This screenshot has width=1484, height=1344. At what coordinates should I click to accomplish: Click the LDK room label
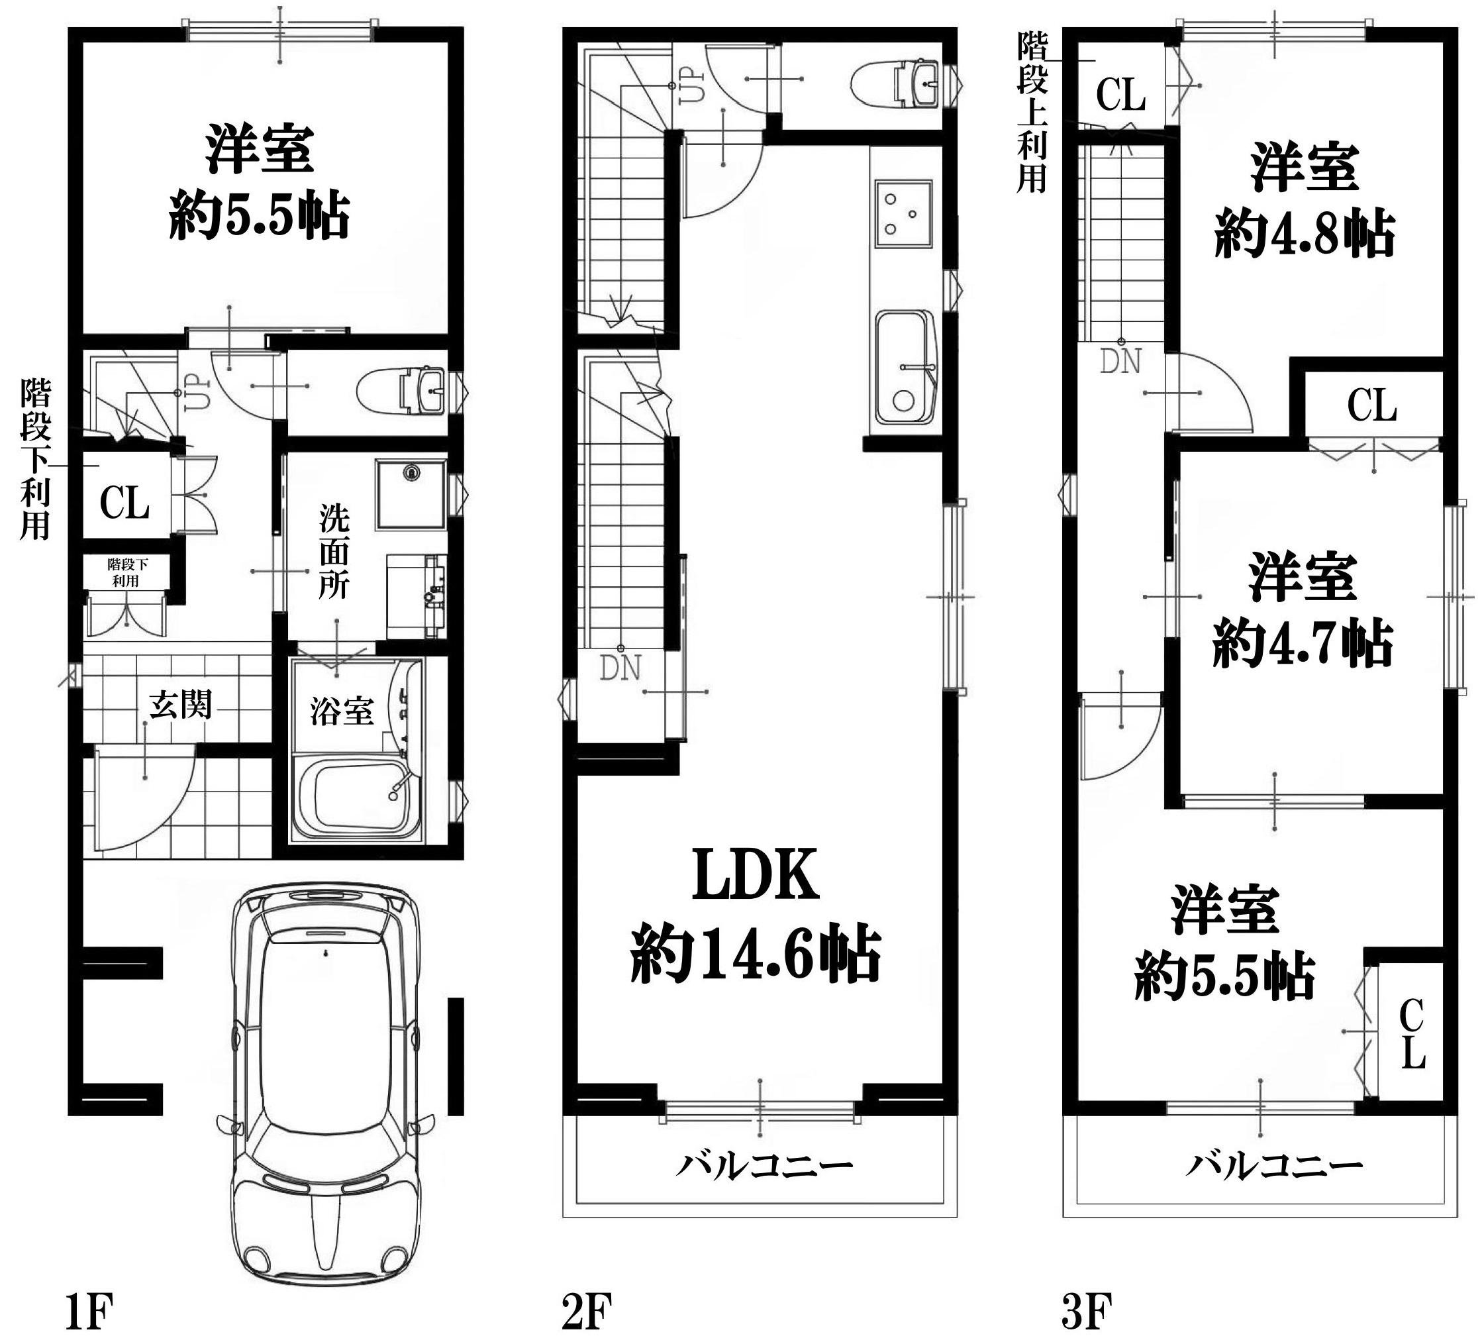(x=756, y=874)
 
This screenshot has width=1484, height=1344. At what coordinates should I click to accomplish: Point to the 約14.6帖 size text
(x=756, y=955)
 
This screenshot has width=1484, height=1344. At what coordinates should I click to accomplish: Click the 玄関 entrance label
(x=180, y=705)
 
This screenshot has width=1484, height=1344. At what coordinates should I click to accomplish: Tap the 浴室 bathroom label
(x=342, y=711)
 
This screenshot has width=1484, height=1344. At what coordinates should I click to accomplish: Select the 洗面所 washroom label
(x=334, y=552)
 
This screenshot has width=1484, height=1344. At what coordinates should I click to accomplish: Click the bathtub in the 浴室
(x=358, y=798)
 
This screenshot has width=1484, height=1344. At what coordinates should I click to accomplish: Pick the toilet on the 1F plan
(x=401, y=390)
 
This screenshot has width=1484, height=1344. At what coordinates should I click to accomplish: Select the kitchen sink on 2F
(x=905, y=372)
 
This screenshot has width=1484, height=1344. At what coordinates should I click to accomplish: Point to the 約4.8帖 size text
(x=1305, y=233)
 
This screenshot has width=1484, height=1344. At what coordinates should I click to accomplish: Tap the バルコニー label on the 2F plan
(x=765, y=1166)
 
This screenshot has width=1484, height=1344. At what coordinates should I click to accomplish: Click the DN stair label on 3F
(x=1121, y=362)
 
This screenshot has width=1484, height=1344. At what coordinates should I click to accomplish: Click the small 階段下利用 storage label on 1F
(x=126, y=572)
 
